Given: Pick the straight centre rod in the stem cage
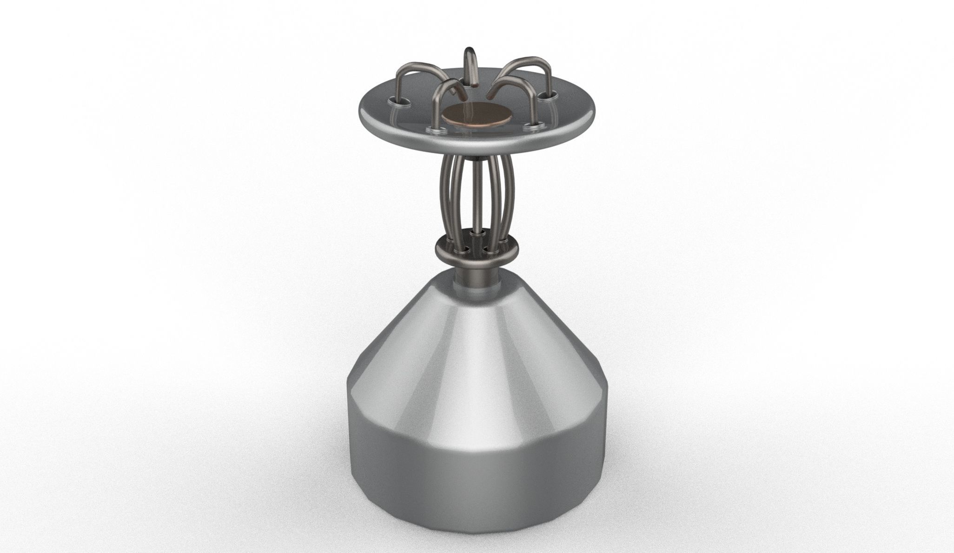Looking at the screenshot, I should point(475,195).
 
